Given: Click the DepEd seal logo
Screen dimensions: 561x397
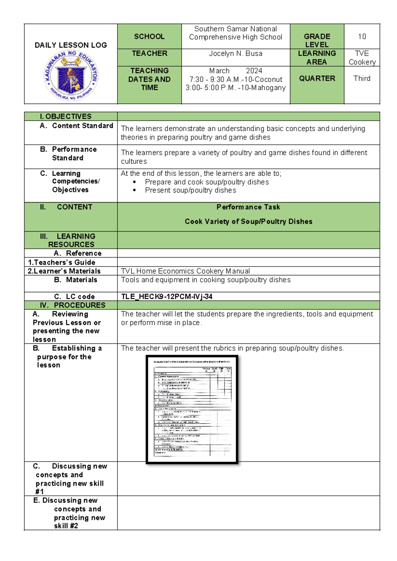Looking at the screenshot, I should pyautogui.click(x=71, y=75).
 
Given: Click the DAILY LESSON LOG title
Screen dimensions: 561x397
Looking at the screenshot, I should pyautogui.click(x=71, y=45).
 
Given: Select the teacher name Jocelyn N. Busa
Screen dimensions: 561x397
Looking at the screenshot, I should pyautogui.click(x=236, y=53).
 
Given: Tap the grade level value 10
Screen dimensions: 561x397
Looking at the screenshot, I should pyautogui.click(x=362, y=37).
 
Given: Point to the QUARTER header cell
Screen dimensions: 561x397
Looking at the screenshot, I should pyautogui.click(x=317, y=79).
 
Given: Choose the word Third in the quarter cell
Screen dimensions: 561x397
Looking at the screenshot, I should pyautogui.click(x=362, y=79).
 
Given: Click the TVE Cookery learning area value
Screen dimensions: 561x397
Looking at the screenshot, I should pyautogui.click(x=362, y=58).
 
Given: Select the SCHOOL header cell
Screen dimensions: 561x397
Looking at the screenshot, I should pyautogui.click(x=149, y=37).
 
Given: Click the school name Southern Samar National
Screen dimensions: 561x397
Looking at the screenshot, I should pyautogui.click(x=236, y=29).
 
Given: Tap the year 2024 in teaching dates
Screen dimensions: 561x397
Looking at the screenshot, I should pyautogui.click(x=254, y=71).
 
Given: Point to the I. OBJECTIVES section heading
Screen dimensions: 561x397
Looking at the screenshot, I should pyautogui.click(x=66, y=117).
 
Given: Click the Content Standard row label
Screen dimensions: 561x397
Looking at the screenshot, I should pyautogui.click(x=82, y=126).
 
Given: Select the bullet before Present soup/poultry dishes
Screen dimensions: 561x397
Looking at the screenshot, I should pyautogui.click(x=134, y=191).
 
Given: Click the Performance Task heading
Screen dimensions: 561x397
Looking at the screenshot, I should pyautogui.click(x=248, y=207).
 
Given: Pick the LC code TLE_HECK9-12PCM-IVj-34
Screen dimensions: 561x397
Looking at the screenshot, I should pyautogui.click(x=167, y=297).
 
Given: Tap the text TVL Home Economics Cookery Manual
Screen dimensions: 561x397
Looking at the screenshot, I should pyautogui.click(x=185, y=271).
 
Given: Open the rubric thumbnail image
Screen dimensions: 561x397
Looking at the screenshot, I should pyautogui.click(x=192, y=409).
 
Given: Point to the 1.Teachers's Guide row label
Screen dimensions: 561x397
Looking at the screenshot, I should pyautogui.click(x=62, y=263).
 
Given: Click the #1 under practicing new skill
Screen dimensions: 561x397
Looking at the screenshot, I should pyautogui.click(x=39, y=492).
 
